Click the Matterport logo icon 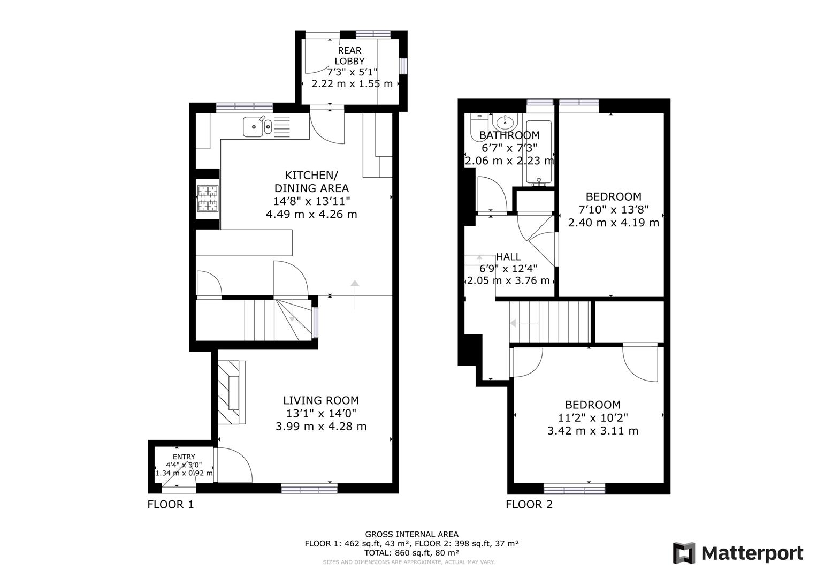pyautogui.click(x=684, y=553)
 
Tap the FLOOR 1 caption pyautogui.click(x=170, y=504)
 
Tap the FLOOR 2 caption pyautogui.click(x=529, y=504)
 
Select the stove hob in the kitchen pyautogui.click(x=208, y=199)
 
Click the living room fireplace pyautogui.click(x=232, y=392)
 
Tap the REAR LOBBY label pyautogui.click(x=349, y=56)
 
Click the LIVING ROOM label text pyautogui.click(x=321, y=400)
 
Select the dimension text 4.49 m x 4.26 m pyautogui.click(x=311, y=214)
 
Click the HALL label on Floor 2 pyautogui.click(x=508, y=257)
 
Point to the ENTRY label pyautogui.click(x=184, y=457)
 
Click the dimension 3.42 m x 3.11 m pyautogui.click(x=593, y=431)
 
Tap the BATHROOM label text pyautogui.click(x=509, y=135)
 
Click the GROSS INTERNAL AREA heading pyautogui.click(x=411, y=534)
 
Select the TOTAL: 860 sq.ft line pyautogui.click(x=411, y=552)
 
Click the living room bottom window pyautogui.click(x=309, y=488)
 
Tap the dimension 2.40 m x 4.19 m pyautogui.click(x=613, y=223)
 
